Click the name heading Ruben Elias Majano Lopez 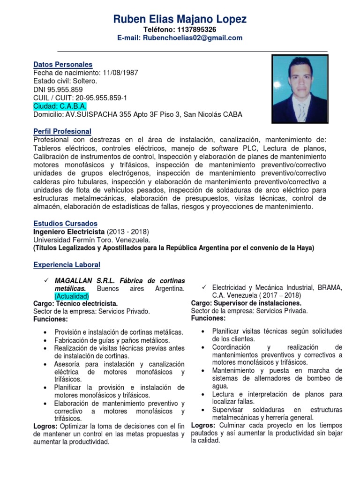click(x=180, y=19)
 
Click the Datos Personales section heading click(x=63, y=64)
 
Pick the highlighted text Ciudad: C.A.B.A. click(x=60, y=106)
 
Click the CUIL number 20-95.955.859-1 click(x=98, y=98)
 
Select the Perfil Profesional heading click(x=62, y=131)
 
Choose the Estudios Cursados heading click(x=65, y=224)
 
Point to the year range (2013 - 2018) click(x=128, y=232)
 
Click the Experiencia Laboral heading click(x=67, y=265)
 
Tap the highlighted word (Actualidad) click(x=71, y=296)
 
